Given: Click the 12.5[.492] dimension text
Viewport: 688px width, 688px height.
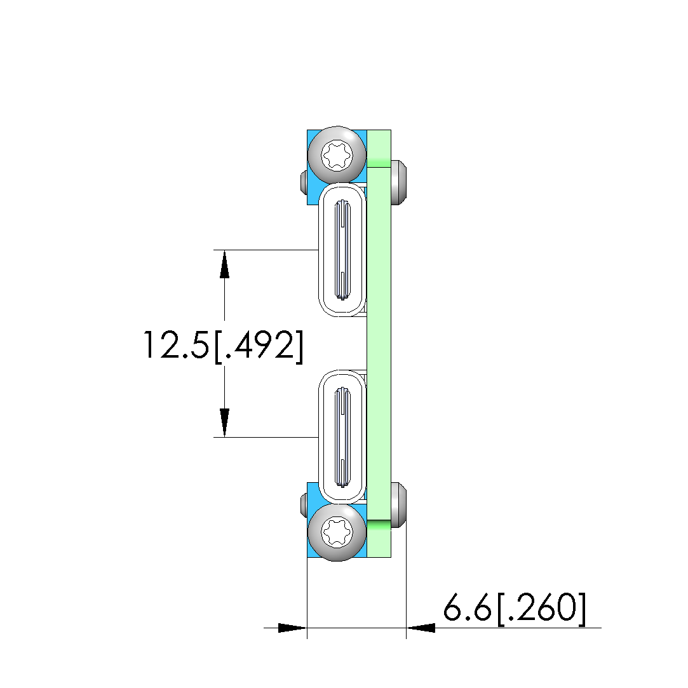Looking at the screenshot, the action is [224, 346].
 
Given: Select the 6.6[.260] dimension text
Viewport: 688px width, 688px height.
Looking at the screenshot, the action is [515, 608].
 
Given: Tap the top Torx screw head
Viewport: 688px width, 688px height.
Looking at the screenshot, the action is [337, 154].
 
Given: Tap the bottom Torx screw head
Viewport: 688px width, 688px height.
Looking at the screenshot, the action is [337, 532].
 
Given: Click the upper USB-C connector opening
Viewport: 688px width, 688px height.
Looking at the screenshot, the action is [342, 250].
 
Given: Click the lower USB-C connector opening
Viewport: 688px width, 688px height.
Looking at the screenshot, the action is [342, 436].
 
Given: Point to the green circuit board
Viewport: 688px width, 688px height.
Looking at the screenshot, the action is [379, 343].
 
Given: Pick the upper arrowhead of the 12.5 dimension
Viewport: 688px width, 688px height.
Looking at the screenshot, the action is [225, 264].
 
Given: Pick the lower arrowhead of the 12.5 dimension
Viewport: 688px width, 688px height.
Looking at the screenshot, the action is [225, 423].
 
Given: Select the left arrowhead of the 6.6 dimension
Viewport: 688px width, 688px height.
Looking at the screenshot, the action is [293, 628].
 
